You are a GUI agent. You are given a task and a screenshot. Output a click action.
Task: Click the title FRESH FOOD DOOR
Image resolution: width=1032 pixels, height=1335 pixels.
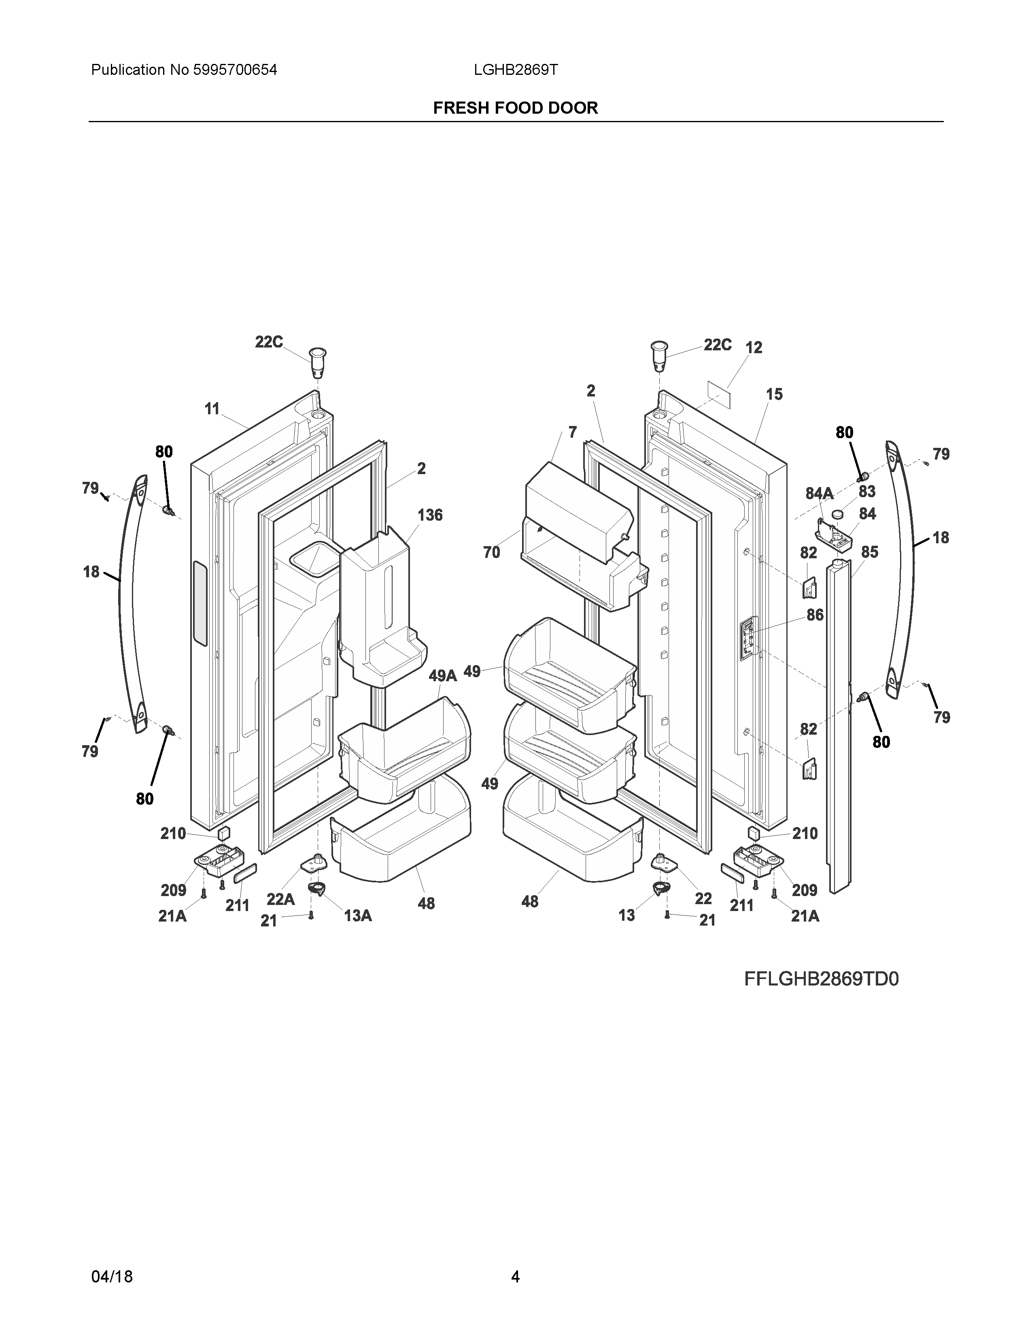point(515,108)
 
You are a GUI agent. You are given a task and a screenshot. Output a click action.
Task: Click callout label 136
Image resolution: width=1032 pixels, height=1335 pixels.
point(430,515)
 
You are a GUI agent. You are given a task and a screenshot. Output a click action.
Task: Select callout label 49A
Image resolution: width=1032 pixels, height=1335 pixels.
point(443,676)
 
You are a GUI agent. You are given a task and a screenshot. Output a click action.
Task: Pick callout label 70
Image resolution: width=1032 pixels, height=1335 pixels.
point(492,553)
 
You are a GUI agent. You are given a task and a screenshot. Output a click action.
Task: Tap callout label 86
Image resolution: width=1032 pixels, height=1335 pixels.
point(815,615)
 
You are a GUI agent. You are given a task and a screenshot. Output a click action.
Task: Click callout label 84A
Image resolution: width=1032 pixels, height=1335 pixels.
point(819,493)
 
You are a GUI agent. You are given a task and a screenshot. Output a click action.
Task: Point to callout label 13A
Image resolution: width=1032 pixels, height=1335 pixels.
point(358,915)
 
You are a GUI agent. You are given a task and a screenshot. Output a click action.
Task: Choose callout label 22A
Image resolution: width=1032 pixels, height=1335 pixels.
point(280,899)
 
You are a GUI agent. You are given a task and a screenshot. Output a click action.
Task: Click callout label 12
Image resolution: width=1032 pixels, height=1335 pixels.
point(754,348)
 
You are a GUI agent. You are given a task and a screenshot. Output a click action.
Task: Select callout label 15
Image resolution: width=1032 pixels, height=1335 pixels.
point(774,395)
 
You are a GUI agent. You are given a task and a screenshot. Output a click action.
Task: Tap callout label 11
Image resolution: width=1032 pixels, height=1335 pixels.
point(212,409)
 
